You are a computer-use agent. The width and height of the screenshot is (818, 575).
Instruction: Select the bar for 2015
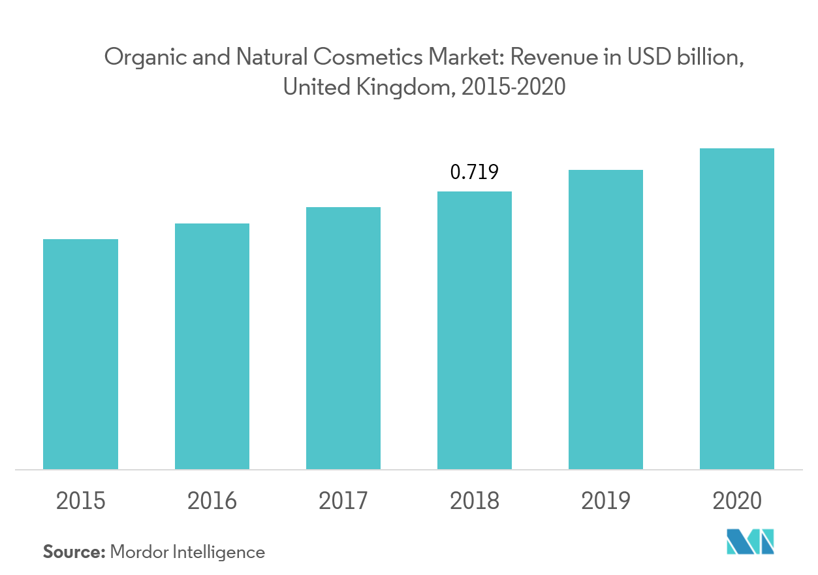pos(80,354)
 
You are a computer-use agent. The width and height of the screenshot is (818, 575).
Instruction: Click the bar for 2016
pos(212,346)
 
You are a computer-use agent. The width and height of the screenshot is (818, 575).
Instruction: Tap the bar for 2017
pos(343,338)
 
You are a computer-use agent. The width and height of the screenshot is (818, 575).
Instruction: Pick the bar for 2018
pos(475,330)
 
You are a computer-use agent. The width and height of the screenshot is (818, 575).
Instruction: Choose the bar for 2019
pos(606,320)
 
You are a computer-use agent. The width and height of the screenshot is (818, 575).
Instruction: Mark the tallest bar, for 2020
pos(737,308)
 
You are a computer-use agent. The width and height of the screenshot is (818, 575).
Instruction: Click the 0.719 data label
pos(475,172)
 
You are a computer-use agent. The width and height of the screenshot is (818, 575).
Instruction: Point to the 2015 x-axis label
pos(80,501)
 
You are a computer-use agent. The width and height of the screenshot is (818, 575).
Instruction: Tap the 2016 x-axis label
pos(212,501)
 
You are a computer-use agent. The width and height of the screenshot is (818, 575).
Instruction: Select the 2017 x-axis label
pos(343,501)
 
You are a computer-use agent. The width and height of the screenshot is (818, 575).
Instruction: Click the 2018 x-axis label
pos(475,501)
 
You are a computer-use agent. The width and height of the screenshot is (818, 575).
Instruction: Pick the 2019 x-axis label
pos(606,501)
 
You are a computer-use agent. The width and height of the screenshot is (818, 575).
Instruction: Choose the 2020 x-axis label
pos(737,501)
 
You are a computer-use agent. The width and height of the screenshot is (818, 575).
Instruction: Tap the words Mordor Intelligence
pos(187,552)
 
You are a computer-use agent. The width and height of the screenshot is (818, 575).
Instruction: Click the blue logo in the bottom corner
pos(750,542)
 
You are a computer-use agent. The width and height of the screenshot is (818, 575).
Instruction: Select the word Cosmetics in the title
pos(368,58)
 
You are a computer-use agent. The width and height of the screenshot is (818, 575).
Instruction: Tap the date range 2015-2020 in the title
pos(513,87)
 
